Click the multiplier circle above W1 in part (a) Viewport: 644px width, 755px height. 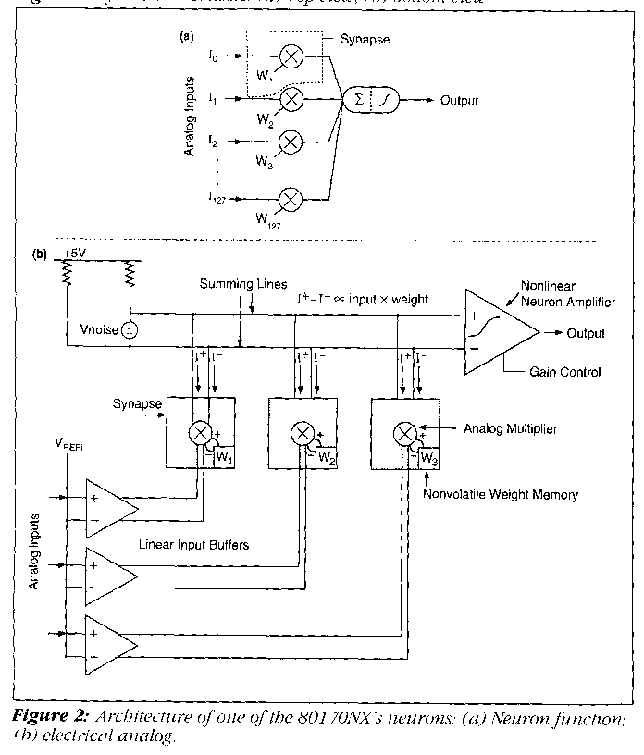click(x=291, y=57)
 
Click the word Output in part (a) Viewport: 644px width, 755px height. click(x=460, y=101)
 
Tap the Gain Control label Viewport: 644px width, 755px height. click(x=567, y=373)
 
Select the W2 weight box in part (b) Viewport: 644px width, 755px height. click(x=324, y=458)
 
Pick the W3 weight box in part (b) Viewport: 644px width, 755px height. click(x=427, y=458)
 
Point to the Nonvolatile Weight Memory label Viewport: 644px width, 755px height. click(x=501, y=496)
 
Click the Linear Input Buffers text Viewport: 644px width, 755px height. click(x=194, y=546)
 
